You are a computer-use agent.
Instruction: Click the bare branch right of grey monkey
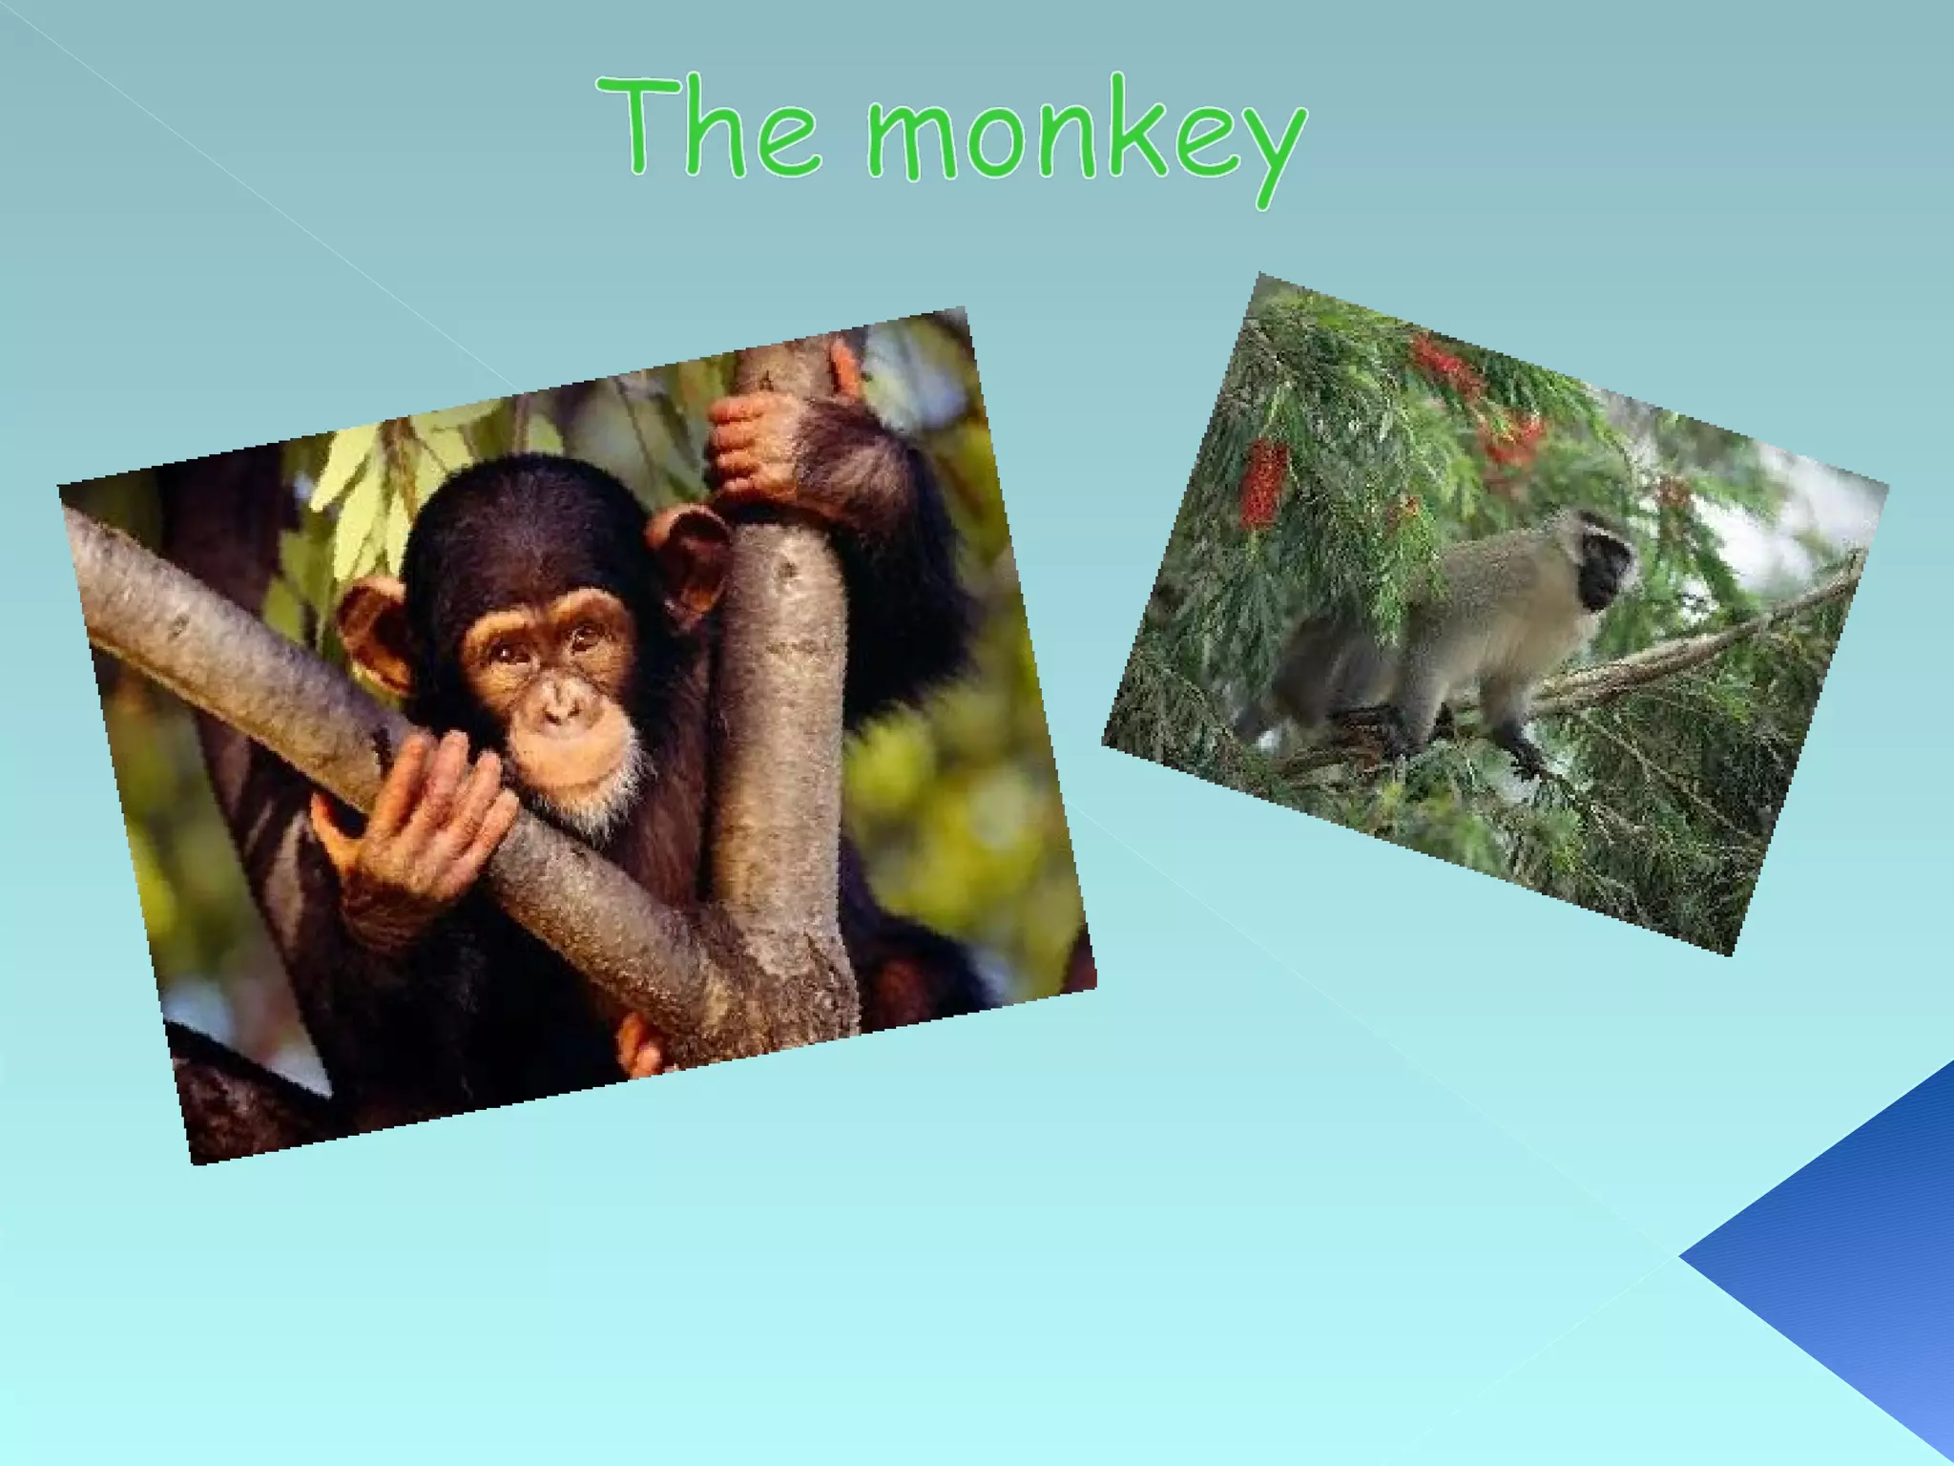[x=1717, y=635]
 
